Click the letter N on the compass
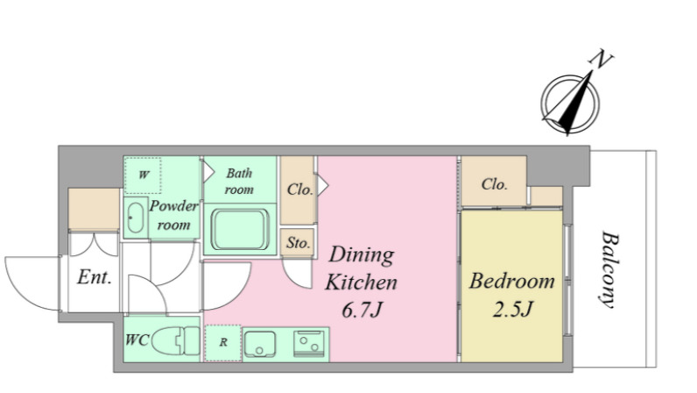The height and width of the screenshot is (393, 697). coord(601,60)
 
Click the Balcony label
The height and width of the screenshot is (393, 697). coord(608,269)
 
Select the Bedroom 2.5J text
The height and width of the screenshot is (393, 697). coord(512,294)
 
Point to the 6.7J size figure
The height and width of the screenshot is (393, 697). coord(362,310)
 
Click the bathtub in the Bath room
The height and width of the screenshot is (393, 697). coord(240,229)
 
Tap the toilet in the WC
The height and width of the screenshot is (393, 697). coord(176,340)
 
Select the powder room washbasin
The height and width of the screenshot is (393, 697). coord(135,218)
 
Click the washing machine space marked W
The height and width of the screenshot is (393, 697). coord(143,175)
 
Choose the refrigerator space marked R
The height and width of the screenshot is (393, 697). coord(222,343)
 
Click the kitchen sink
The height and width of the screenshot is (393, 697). coord(260,344)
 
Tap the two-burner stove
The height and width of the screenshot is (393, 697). coord(309,344)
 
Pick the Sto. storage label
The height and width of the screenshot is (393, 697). coord(298,243)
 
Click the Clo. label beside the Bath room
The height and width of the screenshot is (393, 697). coord(300,189)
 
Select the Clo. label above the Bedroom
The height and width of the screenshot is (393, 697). coord(495,184)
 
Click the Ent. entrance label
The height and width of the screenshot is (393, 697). coord(95,277)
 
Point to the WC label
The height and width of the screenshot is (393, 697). coord(137,340)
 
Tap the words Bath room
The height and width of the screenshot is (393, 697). coord(239,181)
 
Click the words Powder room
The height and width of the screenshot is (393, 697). coord(173,215)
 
